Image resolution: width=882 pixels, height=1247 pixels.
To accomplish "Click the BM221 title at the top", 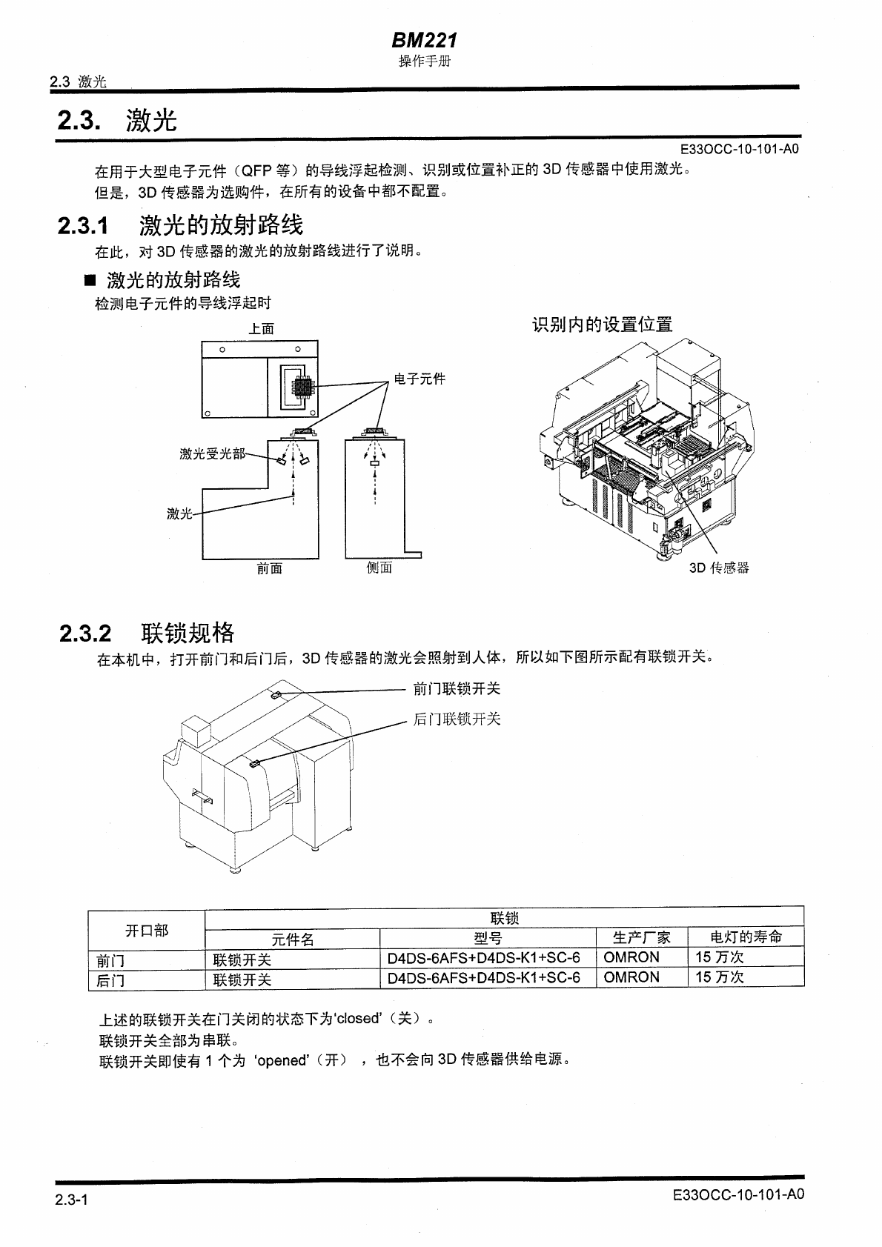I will pyautogui.click(x=424, y=39).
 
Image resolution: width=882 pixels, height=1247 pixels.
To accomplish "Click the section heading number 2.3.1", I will pyautogui.click(x=82, y=225).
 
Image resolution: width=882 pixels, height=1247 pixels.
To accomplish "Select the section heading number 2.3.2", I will pyautogui.click(x=85, y=634).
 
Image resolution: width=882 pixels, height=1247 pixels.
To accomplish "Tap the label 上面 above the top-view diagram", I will pyautogui.click(x=261, y=328).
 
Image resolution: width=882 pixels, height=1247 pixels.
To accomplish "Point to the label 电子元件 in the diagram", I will pyautogui.click(x=420, y=379).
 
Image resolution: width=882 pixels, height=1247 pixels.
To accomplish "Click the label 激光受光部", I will pyautogui.click(x=212, y=453).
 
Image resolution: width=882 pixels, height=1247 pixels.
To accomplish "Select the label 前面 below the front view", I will pyautogui.click(x=269, y=568).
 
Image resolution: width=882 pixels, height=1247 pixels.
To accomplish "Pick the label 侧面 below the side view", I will pyautogui.click(x=379, y=568).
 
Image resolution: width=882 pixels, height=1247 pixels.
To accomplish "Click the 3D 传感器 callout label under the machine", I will pyautogui.click(x=719, y=568).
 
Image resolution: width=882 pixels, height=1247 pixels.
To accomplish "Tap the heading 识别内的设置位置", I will pyautogui.click(x=602, y=325).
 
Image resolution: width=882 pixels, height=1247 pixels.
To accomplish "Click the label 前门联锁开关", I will pyautogui.click(x=457, y=689).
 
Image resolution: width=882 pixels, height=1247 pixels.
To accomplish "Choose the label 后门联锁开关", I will pyautogui.click(x=457, y=719).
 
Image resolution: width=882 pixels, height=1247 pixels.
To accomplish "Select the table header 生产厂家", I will pyautogui.click(x=641, y=937).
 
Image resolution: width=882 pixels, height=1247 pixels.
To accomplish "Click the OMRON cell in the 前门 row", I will pyautogui.click(x=631, y=957).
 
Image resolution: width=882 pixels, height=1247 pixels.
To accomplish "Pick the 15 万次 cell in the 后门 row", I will pyautogui.click(x=719, y=977).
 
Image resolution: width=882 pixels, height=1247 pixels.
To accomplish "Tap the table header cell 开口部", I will pyautogui.click(x=146, y=931).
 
